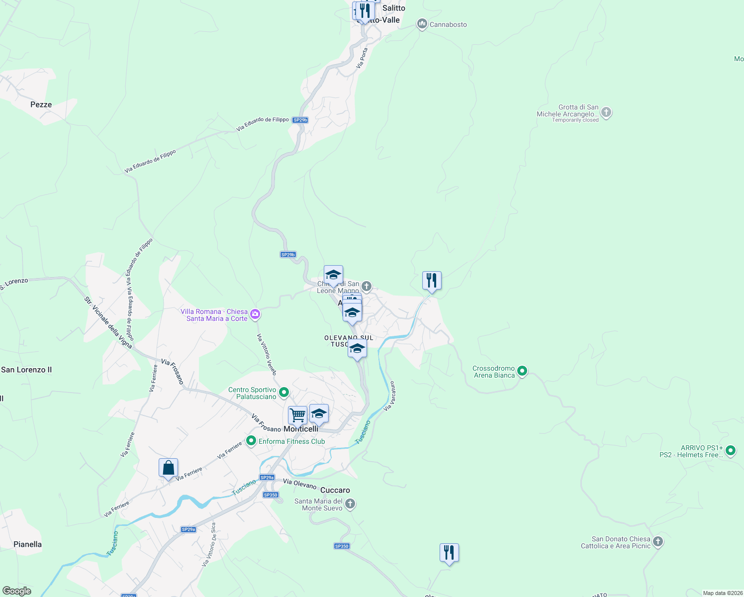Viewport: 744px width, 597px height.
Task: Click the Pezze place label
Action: pos(41,104)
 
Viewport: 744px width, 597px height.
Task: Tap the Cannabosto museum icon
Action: pos(422,24)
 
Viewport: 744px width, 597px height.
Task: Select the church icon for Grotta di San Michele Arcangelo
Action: pos(606,112)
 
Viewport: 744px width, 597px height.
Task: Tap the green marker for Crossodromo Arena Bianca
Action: pos(522,371)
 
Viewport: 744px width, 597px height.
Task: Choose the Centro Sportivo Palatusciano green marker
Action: pos(284,392)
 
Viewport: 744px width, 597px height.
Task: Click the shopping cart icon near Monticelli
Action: pos(297,414)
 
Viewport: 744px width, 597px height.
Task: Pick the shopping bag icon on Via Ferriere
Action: pos(168,468)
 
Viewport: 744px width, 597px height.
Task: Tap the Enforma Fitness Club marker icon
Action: pos(251,441)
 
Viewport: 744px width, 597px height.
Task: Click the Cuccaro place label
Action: pos(335,490)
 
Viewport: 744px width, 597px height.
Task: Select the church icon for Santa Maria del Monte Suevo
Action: pos(350,504)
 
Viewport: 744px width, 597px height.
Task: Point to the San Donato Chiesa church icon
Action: pos(658,541)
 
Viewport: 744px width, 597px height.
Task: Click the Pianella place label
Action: pos(28,544)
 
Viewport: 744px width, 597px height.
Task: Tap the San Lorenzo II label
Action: pos(26,370)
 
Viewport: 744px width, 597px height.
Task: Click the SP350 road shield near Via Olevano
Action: pos(271,495)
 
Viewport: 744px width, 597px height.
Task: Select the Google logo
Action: pos(17,591)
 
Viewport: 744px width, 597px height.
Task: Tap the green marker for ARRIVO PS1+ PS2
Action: pos(731,451)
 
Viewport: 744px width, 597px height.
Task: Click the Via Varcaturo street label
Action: pos(389,396)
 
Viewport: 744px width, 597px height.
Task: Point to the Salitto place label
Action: pos(394,8)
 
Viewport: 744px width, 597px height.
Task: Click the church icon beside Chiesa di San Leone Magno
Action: pos(367,286)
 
